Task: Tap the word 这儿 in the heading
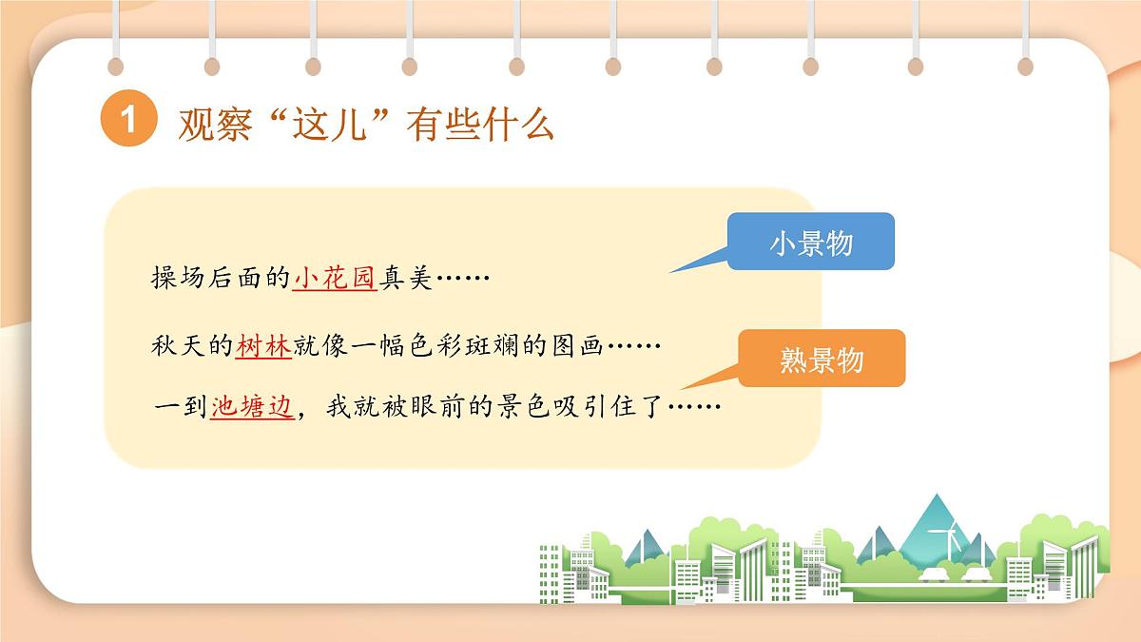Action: pos(334,125)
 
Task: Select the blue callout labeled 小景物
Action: pos(810,242)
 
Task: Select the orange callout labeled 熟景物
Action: pos(822,360)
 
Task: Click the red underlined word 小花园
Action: pos(336,278)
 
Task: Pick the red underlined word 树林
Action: pos(263,345)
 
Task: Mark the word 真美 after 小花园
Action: pos(407,278)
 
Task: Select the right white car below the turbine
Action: pos(974,574)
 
